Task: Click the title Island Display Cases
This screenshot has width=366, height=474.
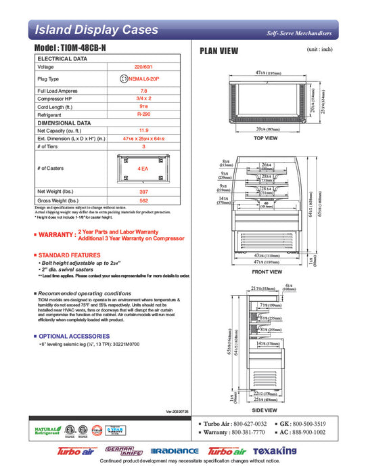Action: (x=96, y=30)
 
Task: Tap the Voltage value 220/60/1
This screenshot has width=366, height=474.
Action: (x=143, y=67)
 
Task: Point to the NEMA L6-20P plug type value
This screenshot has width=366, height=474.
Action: (x=148, y=79)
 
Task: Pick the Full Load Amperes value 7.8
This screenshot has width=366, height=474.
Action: (x=143, y=91)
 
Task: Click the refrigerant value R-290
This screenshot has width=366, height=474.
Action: (x=143, y=115)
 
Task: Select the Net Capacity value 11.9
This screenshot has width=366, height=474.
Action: (x=143, y=130)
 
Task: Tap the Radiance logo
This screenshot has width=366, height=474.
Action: (x=175, y=451)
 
